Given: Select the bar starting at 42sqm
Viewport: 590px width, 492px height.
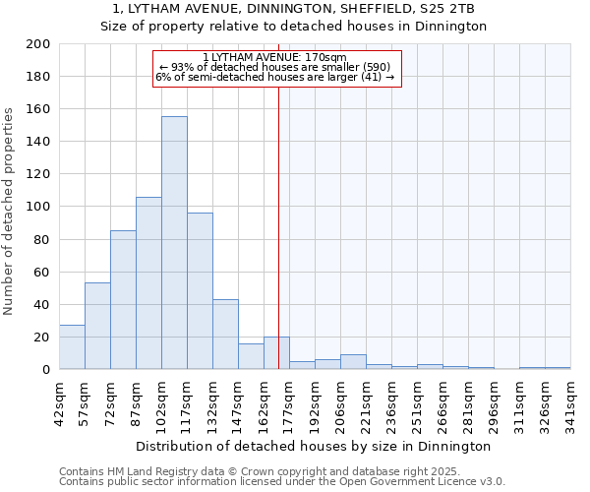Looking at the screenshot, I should tap(72, 347).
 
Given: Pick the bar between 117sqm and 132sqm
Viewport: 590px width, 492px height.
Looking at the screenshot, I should tap(200, 291).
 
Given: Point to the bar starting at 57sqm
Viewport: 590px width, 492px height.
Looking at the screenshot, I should tap(97, 326).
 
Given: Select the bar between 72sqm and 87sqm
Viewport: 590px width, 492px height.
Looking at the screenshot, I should tap(123, 300).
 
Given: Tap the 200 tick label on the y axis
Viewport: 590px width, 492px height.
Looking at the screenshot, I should tap(38, 44).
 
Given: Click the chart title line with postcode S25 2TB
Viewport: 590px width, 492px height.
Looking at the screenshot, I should tap(294, 9).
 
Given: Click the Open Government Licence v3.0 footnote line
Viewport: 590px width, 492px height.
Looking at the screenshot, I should tap(281, 482).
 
